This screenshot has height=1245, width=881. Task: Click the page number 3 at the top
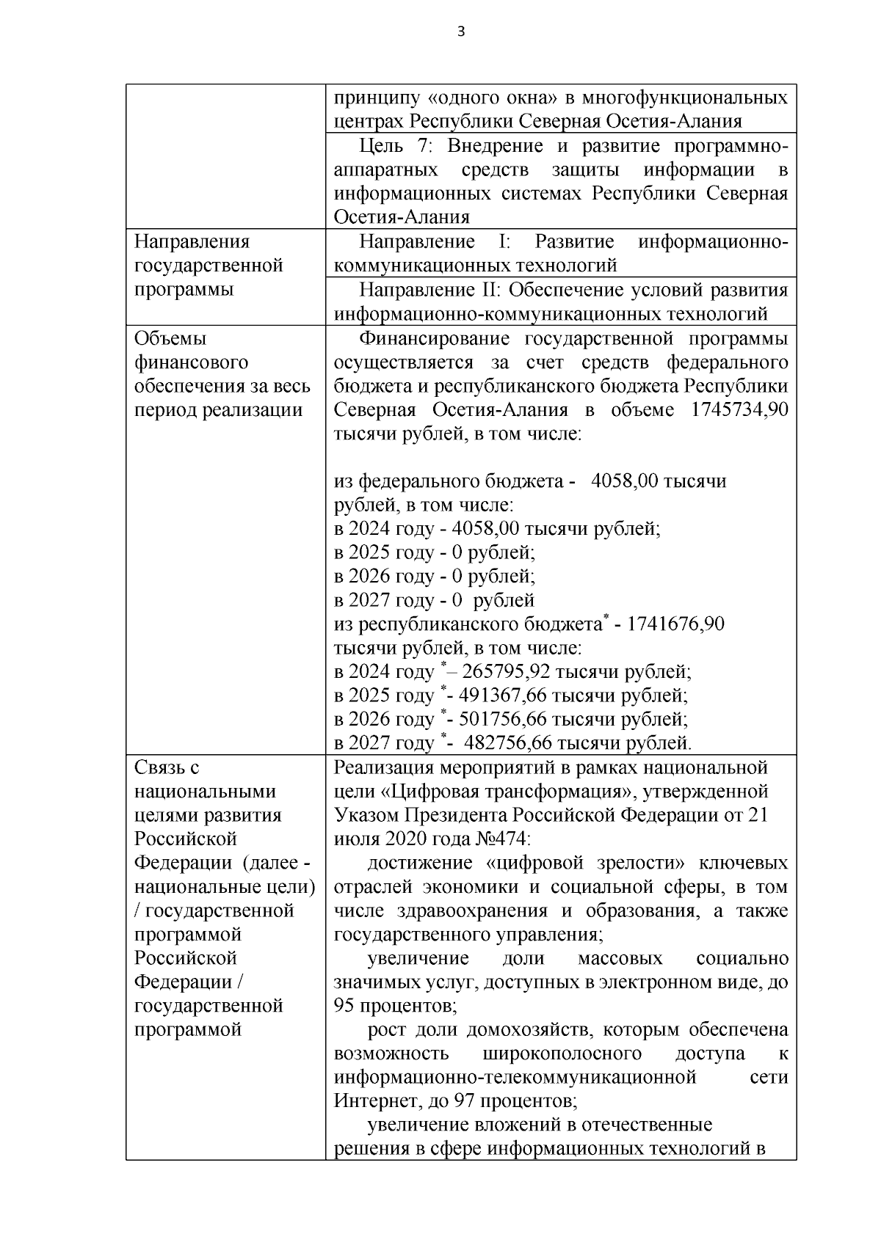460,31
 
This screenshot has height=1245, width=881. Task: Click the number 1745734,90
739,409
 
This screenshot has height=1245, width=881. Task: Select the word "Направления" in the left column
192,241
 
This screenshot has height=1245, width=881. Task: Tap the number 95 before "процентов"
344,1005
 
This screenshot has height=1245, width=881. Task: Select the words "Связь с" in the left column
167,767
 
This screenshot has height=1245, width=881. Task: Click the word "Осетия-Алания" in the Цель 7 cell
402,217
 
